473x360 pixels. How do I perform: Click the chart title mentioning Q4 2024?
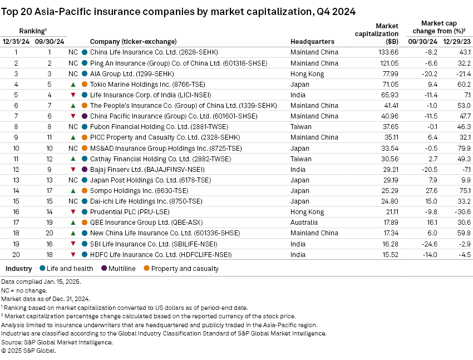(x=179, y=11)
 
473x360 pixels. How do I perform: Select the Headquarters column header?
(x=312, y=42)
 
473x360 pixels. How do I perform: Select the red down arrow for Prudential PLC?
(x=73, y=212)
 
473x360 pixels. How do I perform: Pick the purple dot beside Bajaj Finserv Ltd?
(x=84, y=170)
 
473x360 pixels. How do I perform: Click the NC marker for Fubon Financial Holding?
(x=73, y=127)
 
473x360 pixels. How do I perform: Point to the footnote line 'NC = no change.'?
(x=24, y=290)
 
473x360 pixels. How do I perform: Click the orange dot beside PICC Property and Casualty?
(x=84, y=137)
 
